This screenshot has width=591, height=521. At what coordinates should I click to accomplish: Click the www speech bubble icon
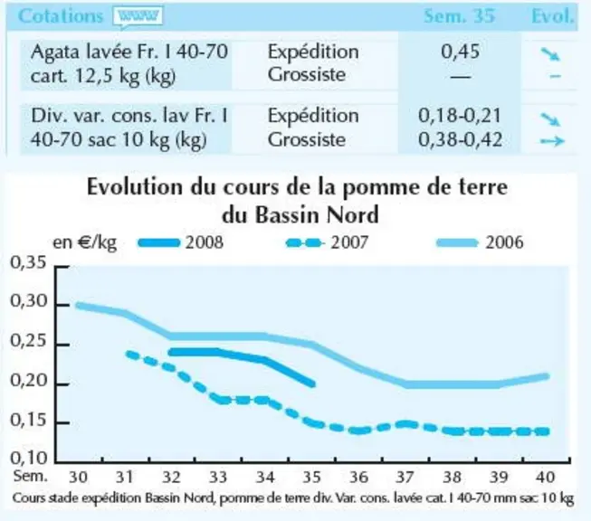[138, 17]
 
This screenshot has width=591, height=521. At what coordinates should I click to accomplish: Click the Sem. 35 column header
[459, 15]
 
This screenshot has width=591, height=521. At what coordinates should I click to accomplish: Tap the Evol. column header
[553, 15]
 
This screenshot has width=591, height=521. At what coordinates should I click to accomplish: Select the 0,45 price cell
[460, 52]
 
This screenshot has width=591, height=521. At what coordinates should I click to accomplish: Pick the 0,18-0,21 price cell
[460, 115]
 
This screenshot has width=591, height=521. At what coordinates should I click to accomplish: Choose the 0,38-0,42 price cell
[460, 140]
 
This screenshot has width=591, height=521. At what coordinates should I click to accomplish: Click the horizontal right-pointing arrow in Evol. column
[552, 141]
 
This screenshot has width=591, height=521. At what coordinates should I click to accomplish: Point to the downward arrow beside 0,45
[550, 54]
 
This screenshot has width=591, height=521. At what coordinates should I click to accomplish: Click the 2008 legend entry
[180, 242]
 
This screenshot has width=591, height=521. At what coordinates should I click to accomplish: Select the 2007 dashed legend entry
[327, 242]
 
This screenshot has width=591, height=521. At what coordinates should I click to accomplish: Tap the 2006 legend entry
[480, 242]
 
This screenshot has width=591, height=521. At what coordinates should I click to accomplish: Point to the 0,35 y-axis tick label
[29, 262]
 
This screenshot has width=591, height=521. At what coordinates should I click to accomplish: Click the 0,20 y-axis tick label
[29, 381]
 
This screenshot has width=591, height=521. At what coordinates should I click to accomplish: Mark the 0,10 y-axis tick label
[29, 458]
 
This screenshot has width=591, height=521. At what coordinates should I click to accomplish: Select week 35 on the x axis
[312, 478]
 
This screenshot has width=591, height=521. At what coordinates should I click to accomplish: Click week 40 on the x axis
[545, 478]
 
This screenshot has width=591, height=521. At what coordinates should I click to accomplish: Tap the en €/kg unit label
[84, 243]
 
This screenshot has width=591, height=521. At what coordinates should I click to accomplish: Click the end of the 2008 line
[312, 384]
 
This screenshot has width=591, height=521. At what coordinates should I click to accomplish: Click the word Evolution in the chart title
[134, 187]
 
